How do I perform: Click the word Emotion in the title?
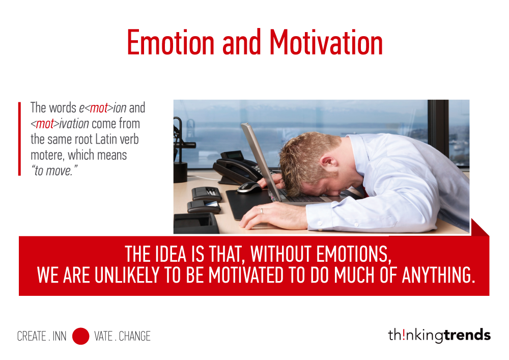[x=171, y=42]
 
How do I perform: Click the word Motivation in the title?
[x=326, y=42]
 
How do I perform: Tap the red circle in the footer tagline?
[x=80, y=336]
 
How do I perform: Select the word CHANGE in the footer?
[x=135, y=336]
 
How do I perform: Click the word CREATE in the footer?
[x=32, y=336]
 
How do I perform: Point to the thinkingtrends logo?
[x=439, y=335]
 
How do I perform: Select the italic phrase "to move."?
[x=54, y=171]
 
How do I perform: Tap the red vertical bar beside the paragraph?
[x=19, y=139]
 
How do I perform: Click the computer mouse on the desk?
[x=249, y=187]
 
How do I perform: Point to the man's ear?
[x=327, y=161]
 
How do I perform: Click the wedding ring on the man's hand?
[x=261, y=211]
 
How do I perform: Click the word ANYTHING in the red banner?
[x=439, y=275]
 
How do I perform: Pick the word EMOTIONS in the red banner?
[x=354, y=254]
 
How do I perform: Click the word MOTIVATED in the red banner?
[x=246, y=275]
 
